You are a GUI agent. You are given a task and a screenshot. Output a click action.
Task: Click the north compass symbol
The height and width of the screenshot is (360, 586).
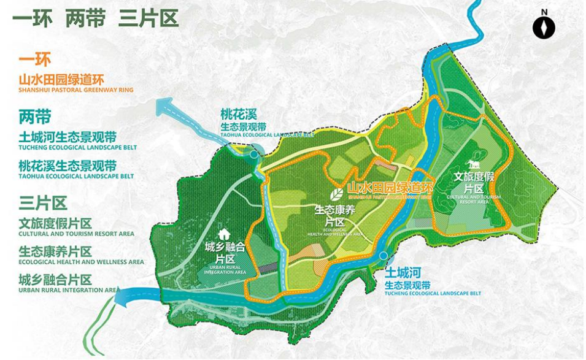click(544, 27)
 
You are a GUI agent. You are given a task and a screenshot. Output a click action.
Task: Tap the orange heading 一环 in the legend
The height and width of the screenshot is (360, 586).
click(34, 60)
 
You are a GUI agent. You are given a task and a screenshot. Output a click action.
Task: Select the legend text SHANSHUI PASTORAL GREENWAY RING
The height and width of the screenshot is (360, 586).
click(75, 90)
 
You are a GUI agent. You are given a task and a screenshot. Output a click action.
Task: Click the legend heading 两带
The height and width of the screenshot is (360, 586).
click(34, 117)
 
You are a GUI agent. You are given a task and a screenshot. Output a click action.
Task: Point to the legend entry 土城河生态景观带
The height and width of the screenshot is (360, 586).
click(67, 137)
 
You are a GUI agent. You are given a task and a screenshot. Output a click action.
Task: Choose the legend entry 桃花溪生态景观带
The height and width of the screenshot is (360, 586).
click(67, 166)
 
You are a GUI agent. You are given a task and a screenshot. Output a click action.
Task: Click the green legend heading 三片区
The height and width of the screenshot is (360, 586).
click(42, 203)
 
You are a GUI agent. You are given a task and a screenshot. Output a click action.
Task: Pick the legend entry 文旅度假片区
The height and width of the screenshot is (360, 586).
click(55, 223)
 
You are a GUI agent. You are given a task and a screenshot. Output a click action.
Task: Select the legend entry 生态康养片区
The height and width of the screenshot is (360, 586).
click(55, 251)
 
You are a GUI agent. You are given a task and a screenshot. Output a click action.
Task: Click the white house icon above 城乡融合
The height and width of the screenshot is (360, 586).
click(224, 234)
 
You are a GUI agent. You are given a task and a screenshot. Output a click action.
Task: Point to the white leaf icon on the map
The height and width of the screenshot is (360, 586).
click(337, 194)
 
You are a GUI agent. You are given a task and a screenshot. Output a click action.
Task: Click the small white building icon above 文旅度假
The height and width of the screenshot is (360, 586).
click(473, 164)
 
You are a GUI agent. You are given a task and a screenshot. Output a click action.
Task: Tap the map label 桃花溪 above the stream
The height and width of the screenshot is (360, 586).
click(239, 114)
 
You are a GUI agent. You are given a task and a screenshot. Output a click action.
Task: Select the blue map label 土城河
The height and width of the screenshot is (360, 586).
click(403, 272)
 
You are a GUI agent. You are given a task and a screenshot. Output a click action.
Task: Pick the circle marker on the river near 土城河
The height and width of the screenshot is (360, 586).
click(384, 255)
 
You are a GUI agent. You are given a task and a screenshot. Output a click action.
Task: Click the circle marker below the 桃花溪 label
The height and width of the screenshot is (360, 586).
click(254, 155)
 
